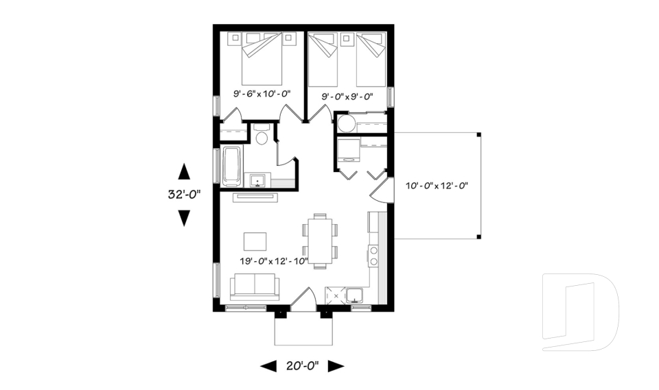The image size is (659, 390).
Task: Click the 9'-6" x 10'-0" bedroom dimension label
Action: point(262,93)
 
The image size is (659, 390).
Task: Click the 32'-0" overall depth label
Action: point(183,194)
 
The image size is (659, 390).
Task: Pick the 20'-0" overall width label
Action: point(302,367)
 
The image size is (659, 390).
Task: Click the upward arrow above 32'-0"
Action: point(184,171)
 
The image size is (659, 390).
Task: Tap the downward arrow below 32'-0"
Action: point(184,218)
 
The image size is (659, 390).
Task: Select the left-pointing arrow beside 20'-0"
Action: point(268,367)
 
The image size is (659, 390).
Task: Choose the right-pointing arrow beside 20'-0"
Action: point(336,367)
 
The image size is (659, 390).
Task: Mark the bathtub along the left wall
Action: point(232,166)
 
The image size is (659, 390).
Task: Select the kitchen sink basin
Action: point(355,295)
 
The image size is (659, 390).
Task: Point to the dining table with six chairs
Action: point(321,241)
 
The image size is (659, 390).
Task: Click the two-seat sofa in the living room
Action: point(254,286)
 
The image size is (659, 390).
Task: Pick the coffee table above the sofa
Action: point(255,241)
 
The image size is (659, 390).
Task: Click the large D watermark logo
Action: point(580,312)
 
